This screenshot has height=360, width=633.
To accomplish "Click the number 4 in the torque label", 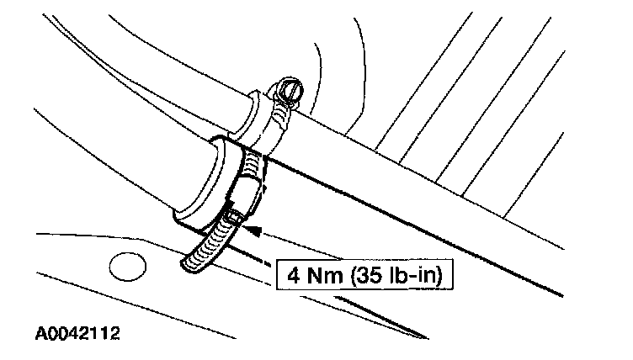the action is coord(292,274).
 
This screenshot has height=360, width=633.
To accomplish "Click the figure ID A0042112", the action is coord(77,334).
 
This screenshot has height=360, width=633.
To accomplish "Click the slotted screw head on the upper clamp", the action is coord(289,87).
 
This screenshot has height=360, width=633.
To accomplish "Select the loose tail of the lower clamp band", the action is coord(195,257).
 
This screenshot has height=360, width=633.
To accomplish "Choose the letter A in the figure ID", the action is coord(39,334).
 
